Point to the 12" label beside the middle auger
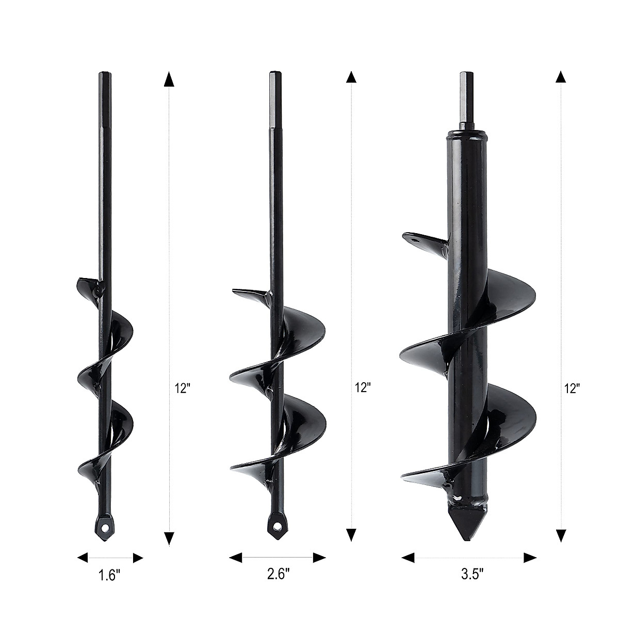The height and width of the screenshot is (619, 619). [x=363, y=388]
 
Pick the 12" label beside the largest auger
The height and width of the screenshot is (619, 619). [x=573, y=388]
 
